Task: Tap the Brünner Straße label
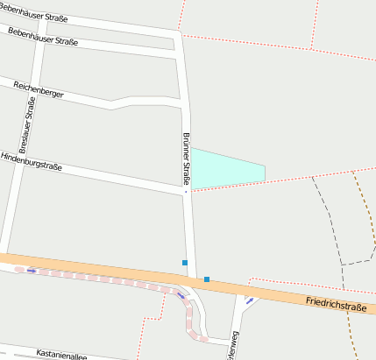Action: (x=187, y=159)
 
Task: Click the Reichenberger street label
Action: (x=39, y=88)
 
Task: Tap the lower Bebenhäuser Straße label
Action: (x=42, y=36)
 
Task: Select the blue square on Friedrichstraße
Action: (x=207, y=279)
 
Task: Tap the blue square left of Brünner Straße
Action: (x=185, y=263)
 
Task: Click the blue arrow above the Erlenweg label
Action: (x=250, y=301)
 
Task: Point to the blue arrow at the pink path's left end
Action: (x=32, y=271)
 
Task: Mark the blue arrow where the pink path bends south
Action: (x=181, y=296)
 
